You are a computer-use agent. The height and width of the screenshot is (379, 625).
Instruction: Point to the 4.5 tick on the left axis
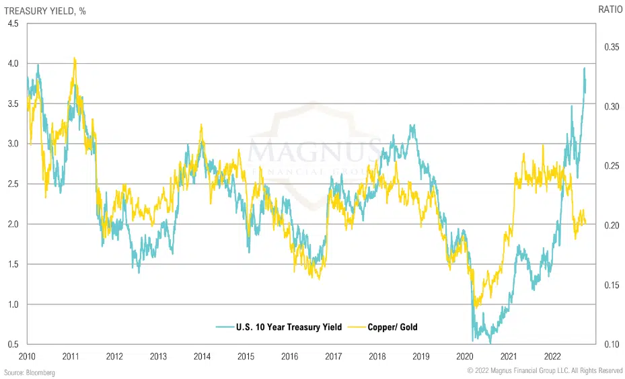(x=13, y=24)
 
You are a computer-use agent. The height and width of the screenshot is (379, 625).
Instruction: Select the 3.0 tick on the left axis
(x=13, y=144)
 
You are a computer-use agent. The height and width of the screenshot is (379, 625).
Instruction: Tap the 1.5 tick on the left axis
(x=13, y=264)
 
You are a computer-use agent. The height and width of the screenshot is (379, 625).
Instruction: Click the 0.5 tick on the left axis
(x=13, y=344)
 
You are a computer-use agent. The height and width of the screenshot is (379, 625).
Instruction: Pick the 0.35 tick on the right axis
(x=611, y=47)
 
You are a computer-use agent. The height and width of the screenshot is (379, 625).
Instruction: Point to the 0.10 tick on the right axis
(x=611, y=344)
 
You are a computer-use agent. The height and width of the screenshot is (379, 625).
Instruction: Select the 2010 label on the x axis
(x=27, y=356)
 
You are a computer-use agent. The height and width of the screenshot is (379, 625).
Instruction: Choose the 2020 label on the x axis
(x=464, y=356)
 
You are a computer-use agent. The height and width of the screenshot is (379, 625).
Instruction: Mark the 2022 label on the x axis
(x=552, y=356)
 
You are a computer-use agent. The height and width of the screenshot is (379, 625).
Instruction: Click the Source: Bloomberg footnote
(x=30, y=372)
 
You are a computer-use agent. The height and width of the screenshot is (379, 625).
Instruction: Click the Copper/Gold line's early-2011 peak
(x=74, y=58)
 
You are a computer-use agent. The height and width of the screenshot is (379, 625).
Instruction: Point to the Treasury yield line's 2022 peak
(x=584, y=68)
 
